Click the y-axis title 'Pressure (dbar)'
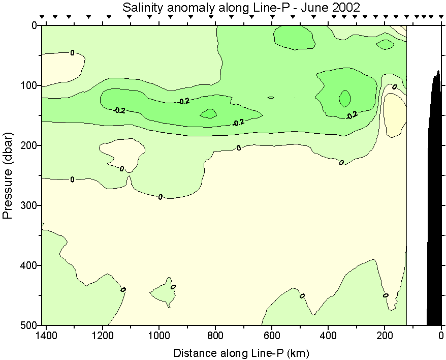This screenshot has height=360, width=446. (x=8, y=175)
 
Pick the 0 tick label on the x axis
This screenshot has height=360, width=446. (x=441, y=336)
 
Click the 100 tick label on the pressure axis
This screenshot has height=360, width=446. (x=30, y=85)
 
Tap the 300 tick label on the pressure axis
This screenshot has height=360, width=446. (x=30, y=205)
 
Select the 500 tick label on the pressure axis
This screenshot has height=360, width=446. (x=30, y=325)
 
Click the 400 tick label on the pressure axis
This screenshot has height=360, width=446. (x=30, y=265)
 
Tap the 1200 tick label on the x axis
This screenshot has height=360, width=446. (x=103, y=336)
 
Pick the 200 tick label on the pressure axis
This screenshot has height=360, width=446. (x=30, y=145)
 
